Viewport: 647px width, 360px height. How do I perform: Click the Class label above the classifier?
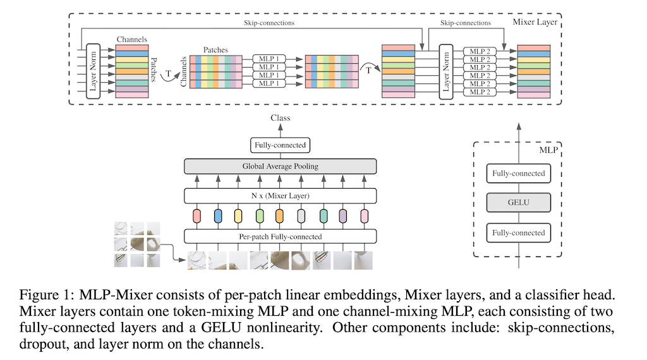pyautogui.click(x=280, y=118)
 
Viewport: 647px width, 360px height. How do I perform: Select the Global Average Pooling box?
pyautogui.click(x=280, y=166)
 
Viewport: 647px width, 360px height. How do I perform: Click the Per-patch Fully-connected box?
pyautogui.click(x=280, y=237)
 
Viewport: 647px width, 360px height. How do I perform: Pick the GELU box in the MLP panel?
pyautogui.click(x=518, y=203)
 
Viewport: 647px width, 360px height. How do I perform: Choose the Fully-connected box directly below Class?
pyautogui.click(x=280, y=145)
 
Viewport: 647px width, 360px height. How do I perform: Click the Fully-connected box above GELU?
pyautogui.click(x=518, y=173)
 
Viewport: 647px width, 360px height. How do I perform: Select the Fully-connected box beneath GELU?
pyautogui.click(x=518, y=233)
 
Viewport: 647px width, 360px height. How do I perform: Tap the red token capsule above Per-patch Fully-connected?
pyautogui.click(x=197, y=216)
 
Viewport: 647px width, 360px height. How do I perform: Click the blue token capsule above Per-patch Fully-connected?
pyautogui.click(x=217, y=216)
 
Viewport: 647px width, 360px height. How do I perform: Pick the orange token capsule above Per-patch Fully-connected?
pyautogui.click(x=280, y=216)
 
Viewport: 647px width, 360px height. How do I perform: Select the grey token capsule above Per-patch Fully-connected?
pyautogui.click(x=301, y=216)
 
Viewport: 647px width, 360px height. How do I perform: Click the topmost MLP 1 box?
pyautogui.click(x=267, y=59)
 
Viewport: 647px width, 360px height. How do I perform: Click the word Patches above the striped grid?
pyautogui.click(x=215, y=49)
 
